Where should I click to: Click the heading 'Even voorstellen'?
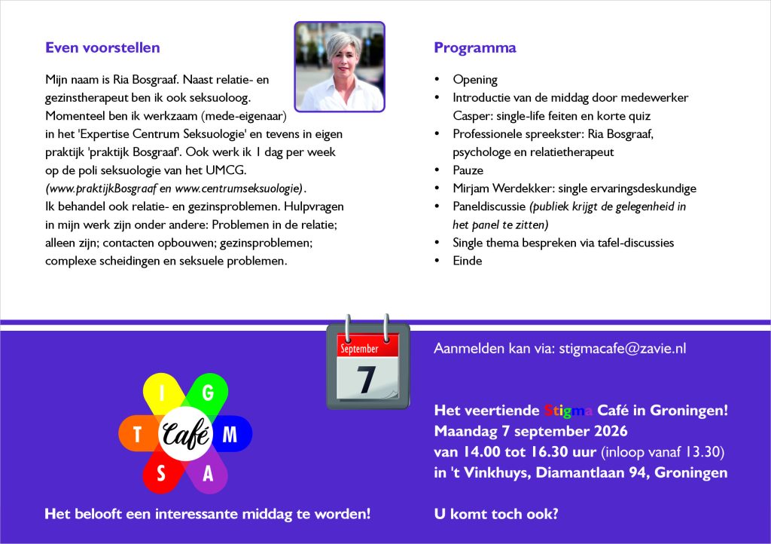pos(102,47)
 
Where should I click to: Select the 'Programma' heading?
pos(475,48)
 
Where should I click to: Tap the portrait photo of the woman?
pos(340,67)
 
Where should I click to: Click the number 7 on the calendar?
pos(366,379)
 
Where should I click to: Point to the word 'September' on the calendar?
pos(359,349)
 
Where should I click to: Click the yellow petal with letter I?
pos(162,393)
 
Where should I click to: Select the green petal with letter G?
pos(209,393)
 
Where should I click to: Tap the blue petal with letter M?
pos(231,434)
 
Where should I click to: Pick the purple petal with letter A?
pos(209,473)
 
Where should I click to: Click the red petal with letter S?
pos(162,473)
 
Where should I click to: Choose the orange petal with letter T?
pos(139,434)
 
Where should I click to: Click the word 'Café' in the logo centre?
pos(186,434)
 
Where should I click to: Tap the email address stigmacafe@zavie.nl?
pos(623,348)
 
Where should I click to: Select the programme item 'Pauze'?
pos(468,170)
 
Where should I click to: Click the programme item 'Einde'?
pos(467,261)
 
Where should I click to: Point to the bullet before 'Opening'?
pos(437,79)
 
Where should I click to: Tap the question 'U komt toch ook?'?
pos(496,514)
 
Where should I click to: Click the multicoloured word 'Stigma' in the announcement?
pos(568,410)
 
